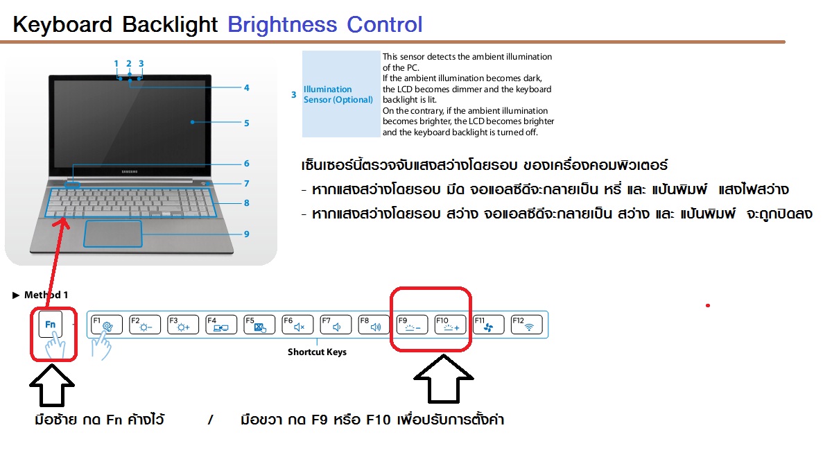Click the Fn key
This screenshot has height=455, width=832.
click(50, 325)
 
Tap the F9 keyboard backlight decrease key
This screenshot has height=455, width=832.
click(412, 325)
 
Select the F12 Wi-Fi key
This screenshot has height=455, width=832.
click(526, 325)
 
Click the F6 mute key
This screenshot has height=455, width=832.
click(297, 325)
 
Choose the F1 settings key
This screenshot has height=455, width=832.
click(107, 325)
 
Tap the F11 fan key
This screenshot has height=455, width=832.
click(488, 325)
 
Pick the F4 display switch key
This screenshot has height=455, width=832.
click(221, 325)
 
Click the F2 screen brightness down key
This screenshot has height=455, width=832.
click(145, 325)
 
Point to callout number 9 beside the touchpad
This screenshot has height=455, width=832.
click(246, 234)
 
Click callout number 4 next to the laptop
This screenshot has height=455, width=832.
click(246, 88)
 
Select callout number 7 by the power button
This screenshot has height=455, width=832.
click(246, 184)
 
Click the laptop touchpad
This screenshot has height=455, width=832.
click(113, 234)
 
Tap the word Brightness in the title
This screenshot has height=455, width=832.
click(282, 25)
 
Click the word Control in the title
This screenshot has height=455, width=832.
click(384, 25)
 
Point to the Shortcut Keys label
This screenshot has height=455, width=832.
click(317, 352)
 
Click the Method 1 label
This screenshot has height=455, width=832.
click(46, 295)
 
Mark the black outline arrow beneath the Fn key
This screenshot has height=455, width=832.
click(52, 386)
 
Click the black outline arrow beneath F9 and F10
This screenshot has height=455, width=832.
click(443, 379)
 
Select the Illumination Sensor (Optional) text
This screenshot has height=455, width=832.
click(338, 94)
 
